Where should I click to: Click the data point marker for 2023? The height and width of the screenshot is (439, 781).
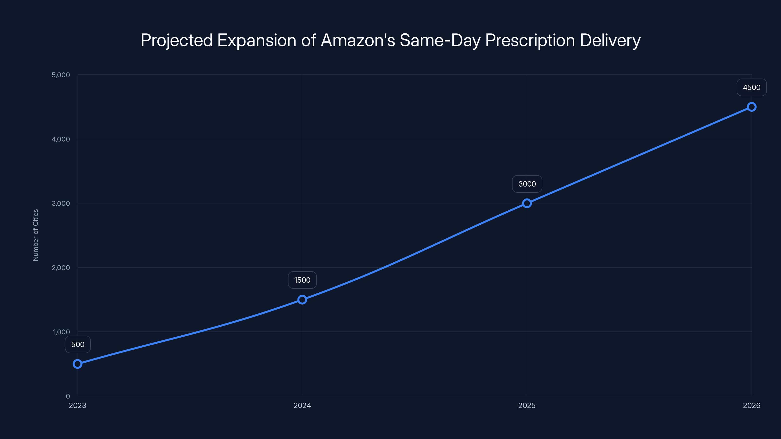pyautogui.click(x=78, y=364)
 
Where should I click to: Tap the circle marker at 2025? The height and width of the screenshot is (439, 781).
pyautogui.click(x=527, y=203)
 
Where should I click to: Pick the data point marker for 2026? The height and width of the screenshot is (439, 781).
pyautogui.click(x=752, y=107)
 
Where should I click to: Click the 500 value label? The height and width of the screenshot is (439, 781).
pyautogui.click(x=78, y=344)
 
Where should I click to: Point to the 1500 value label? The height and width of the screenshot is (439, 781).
pyautogui.click(x=302, y=280)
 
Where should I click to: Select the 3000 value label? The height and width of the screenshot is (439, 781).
pyautogui.click(x=527, y=184)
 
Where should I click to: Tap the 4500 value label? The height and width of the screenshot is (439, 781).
pyautogui.click(x=752, y=88)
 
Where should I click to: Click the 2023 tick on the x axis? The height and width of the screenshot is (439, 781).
pyautogui.click(x=78, y=405)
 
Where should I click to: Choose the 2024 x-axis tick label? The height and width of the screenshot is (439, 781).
pyautogui.click(x=302, y=405)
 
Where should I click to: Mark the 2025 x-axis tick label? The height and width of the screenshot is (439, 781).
pyautogui.click(x=527, y=405)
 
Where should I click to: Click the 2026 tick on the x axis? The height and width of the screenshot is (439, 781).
pyautogui.click(x=752, y=405)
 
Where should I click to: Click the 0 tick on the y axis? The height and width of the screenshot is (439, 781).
pyautogui.click(x=68, y=396)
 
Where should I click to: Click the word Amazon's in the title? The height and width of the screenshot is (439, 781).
pyautogui.click(x=358, y=40)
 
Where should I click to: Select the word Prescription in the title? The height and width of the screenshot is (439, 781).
pyautogui.click(x=530, y=40)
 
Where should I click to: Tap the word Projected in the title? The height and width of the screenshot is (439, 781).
pyautogui.click(x=177, y=40)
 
